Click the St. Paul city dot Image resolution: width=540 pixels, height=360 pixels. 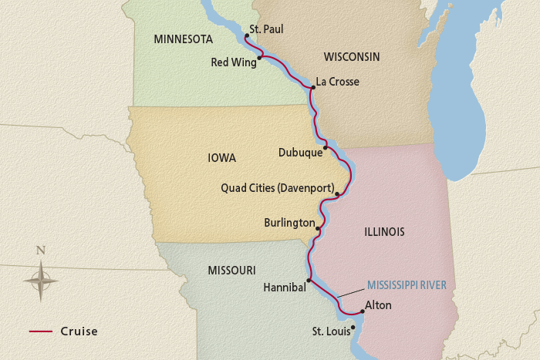coord(246,35)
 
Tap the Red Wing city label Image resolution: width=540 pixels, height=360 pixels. coord(233,62)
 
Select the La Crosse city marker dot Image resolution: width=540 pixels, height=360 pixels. coord(312,88)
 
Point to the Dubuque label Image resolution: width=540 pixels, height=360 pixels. coord(300,153)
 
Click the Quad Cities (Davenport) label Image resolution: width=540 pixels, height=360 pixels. coord(277,187)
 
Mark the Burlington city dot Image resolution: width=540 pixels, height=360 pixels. coord(318,228)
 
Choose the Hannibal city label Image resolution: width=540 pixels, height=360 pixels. coord(285,287)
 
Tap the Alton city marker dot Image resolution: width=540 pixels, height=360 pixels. coord(362,312)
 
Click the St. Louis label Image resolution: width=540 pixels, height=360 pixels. coord(329,331)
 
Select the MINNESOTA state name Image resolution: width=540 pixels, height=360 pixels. coord(184,39)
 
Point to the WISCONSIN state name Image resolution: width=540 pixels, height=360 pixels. coord(351,57)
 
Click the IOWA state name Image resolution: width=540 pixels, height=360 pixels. coord(221,158)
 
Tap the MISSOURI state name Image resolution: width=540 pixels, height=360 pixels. coord(231,270)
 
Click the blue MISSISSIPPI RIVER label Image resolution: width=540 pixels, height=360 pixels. coord(407,284)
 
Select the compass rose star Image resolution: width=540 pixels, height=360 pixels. coord(41,280)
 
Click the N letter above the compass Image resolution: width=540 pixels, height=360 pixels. coord(41,250)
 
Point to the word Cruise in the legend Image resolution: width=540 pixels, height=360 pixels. coord(79,331)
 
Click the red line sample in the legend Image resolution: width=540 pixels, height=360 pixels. coord(40,331)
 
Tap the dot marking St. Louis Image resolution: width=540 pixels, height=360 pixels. coord(353,327)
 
